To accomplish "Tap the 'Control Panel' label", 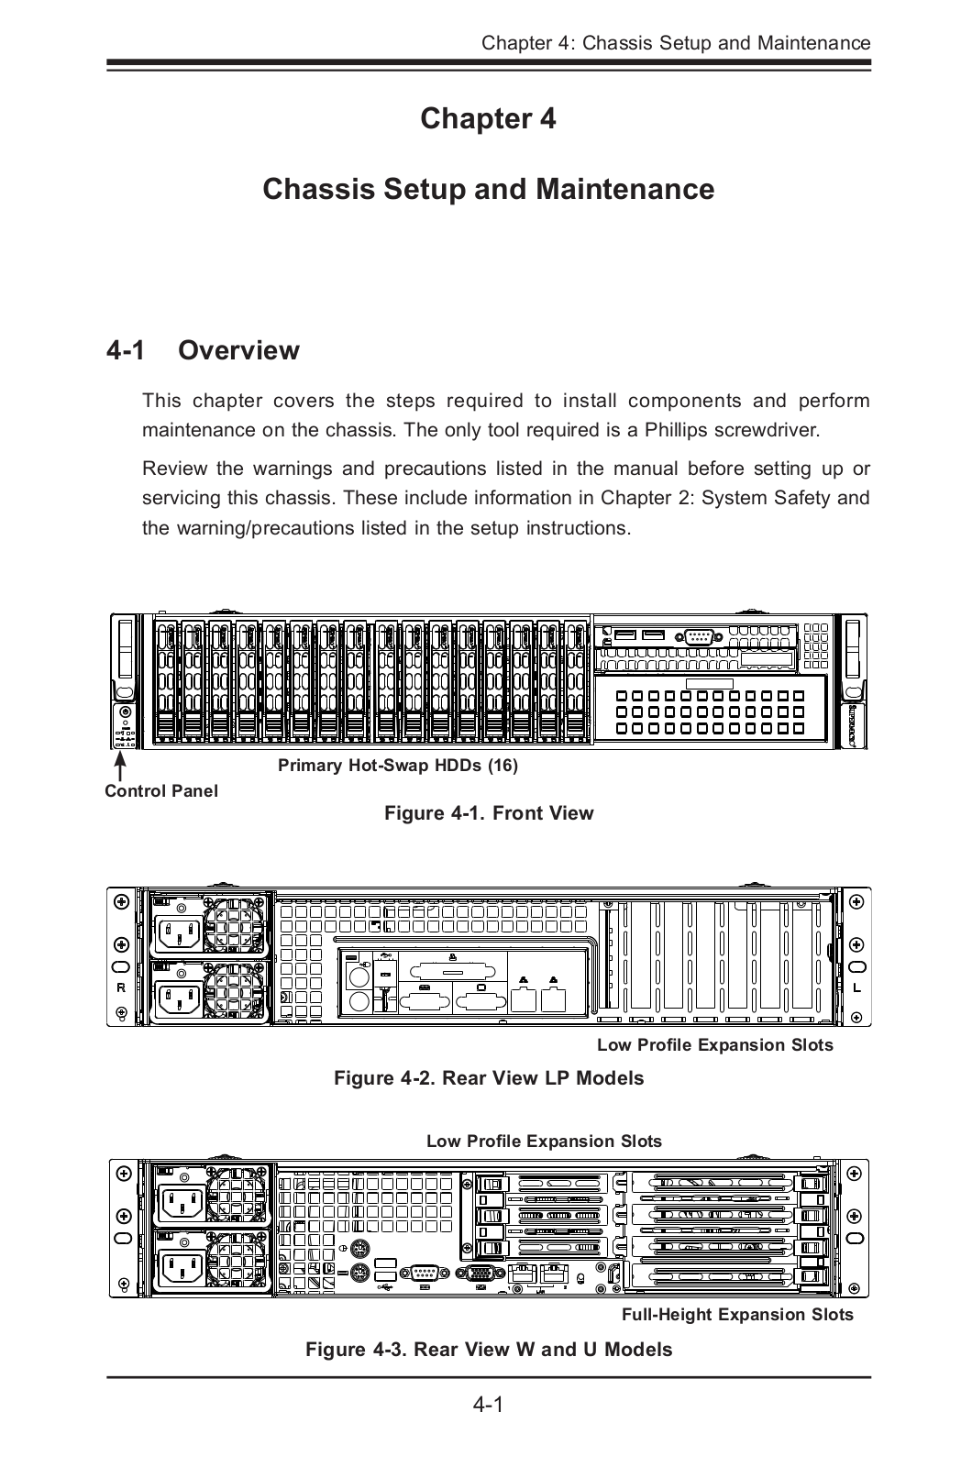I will coord(161,790).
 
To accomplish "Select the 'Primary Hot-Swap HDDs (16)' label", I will coord(398,766).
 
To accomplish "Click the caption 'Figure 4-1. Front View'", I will coord(489,813).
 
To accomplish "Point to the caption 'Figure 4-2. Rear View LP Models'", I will coord(489,1077).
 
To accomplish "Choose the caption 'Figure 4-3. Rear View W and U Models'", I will coord(489,1350).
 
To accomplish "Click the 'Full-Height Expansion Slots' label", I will coord(737,1315).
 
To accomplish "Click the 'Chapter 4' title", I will coord(488,118).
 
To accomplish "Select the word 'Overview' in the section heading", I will coord(238,350).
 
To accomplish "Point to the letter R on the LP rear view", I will coord(121,987).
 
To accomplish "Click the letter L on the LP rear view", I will coord(856,987).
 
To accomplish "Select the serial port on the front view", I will coord(700,638).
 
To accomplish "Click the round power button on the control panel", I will coord(124,713).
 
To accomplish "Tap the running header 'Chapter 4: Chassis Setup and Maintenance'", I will coord(676,43).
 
